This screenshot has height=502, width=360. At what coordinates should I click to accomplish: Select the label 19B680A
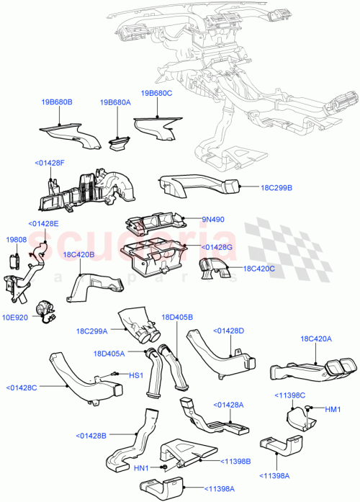(115, 103)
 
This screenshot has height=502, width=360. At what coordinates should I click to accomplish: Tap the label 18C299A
(91, 332)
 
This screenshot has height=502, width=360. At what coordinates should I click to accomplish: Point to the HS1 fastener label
(135, 376)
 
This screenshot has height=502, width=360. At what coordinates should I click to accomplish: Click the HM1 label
(333, 410)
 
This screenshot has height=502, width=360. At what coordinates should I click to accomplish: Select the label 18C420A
(315, 339)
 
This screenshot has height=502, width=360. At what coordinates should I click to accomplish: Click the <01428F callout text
(49, 163)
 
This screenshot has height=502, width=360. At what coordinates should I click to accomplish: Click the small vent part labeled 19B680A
(118, 143)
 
